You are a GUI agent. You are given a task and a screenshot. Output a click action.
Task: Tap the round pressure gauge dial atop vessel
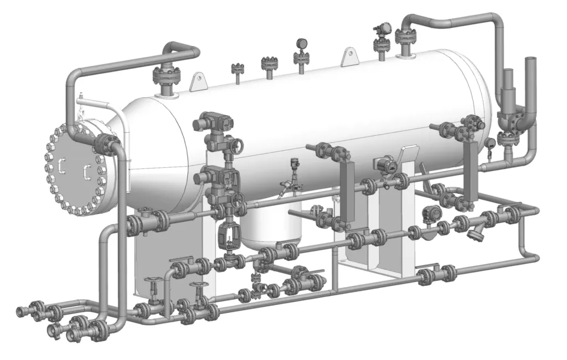(x=302, y=43)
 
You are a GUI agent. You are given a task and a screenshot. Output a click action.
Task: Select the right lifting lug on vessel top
(x=349, y=58)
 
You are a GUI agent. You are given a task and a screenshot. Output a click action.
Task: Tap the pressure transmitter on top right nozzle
(x=381, y=31)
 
